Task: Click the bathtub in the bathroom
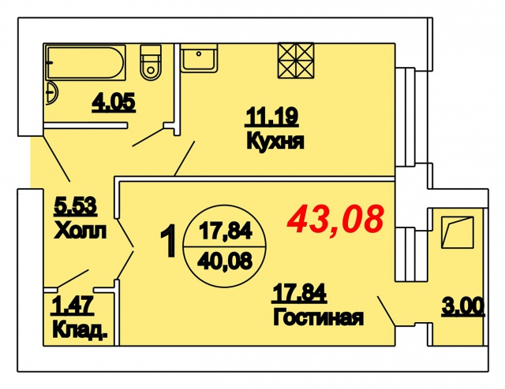pyautogui.click(x=85, y=62)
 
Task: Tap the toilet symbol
pyautogui.click(x=151, y=62)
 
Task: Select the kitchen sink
pyautogui.click(x=199, y=57)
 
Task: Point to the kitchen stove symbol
pyautogui.click(x=296, y=61)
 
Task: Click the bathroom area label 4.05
pyautogui.click(x=114, y=103)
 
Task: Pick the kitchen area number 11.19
pyautogui.click(x=271, y=117)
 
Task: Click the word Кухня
pyautogui.click(x=275, y=142)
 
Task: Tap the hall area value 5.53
pyautogui.click(x=76, y=206)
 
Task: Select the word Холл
pyautogui.click(x=80, y=230)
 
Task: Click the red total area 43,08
pyautogui.click(x=335, y=219)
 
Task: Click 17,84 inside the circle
pyautogui.click(x=225, y=231)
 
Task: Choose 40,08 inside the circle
pyautogui.click(x=225, y=261)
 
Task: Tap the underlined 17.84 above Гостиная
pyautogui.click(x=300, y=294)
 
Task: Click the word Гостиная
pyautogui.click(x=318, y=317)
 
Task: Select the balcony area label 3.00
pyautogui.click(x=463, y=306)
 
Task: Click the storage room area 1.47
pyautogui.click(x=73, y=306)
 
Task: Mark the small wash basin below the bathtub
pyautogui.click(x=52, y=93)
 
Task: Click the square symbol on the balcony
pyautogui.click(x=458, y=232)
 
